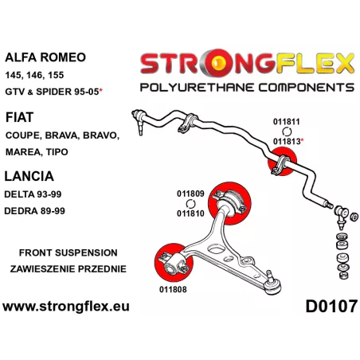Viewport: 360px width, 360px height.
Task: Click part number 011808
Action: coord(173,289)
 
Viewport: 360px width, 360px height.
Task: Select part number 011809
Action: coord(190,194)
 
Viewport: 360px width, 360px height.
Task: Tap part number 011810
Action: coord(190,213)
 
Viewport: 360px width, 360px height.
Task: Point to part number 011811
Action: coord(286,122)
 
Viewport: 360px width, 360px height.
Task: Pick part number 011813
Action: coord(287,141)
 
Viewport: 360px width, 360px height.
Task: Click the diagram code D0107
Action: coord(331,306)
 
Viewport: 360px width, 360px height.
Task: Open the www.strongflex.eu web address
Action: coord(66,306)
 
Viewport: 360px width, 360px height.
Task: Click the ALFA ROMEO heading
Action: coord(45,57)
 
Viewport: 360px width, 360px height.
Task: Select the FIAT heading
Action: coord(19,117)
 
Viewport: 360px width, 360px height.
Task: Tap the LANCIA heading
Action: coord(29,176)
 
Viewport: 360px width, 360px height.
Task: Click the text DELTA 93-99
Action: coord(33,194)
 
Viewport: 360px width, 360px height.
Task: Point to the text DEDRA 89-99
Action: coord(34,211)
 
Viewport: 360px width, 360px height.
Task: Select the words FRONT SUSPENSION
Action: coord(68,252)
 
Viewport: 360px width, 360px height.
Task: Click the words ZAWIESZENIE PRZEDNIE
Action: coord(68,269)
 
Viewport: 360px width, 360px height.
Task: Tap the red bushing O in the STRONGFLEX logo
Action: coord(218,62)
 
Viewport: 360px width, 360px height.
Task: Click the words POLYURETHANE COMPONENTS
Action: coord(247,88)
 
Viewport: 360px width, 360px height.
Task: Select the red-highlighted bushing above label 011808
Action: coord(174,262)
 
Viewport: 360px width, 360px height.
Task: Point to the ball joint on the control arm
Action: coord(273,284)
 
